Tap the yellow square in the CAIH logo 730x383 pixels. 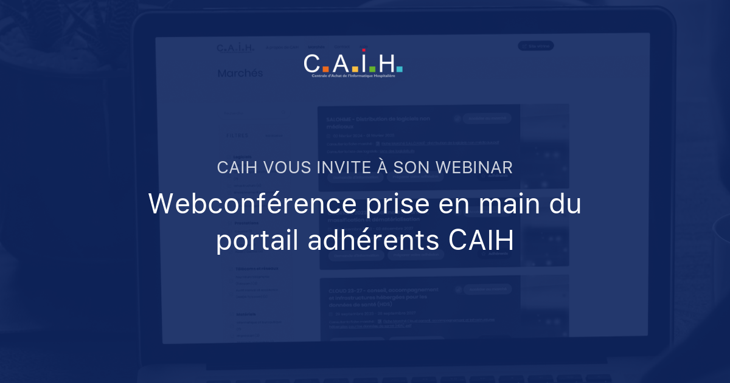(x=355, y=69)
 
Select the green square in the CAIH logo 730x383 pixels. (x=372, y=69)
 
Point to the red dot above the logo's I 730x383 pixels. (x=364, y=50)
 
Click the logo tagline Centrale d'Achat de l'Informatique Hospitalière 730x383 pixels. (x=353, y=77)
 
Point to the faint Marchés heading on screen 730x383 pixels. (x=240, y=74)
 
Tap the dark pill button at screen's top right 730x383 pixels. (x=535, y=46)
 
